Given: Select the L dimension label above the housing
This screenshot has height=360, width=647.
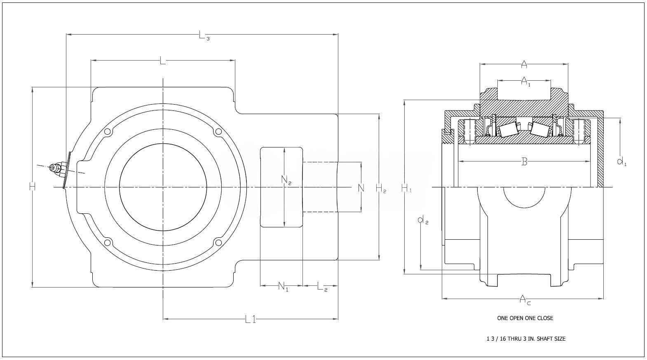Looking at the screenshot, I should click(x=163, y=61).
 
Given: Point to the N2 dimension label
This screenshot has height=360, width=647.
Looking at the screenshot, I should click(x=286, y=180).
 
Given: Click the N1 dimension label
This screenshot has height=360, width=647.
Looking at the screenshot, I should click(x=283, y=286).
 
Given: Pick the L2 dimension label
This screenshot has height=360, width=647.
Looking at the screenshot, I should click(x=322, y=286).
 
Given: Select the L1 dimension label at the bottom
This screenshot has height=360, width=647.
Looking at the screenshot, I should click(x=251, y=319).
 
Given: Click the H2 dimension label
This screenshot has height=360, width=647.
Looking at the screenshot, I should click(x=381, y=189).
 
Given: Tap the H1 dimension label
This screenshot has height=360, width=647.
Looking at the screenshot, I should click(x=406, y=189).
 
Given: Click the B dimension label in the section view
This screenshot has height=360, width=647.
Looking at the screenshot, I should click(x=524, y=162).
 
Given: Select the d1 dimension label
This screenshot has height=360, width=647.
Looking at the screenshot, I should click(x=621, y=161).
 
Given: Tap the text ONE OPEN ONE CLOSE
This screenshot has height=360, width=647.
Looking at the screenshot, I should click(x=525, y=318).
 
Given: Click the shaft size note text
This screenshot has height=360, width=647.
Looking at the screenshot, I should click(x=526, y=339).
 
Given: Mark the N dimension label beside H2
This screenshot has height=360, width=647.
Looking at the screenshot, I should click(x=361, y=188).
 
